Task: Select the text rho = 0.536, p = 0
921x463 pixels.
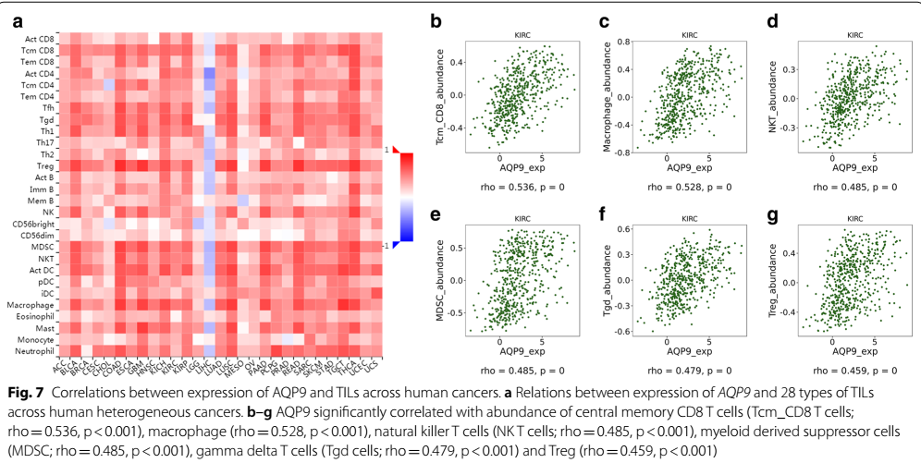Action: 522,186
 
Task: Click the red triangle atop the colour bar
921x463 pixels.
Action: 396,149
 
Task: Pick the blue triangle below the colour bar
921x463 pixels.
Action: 396,244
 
